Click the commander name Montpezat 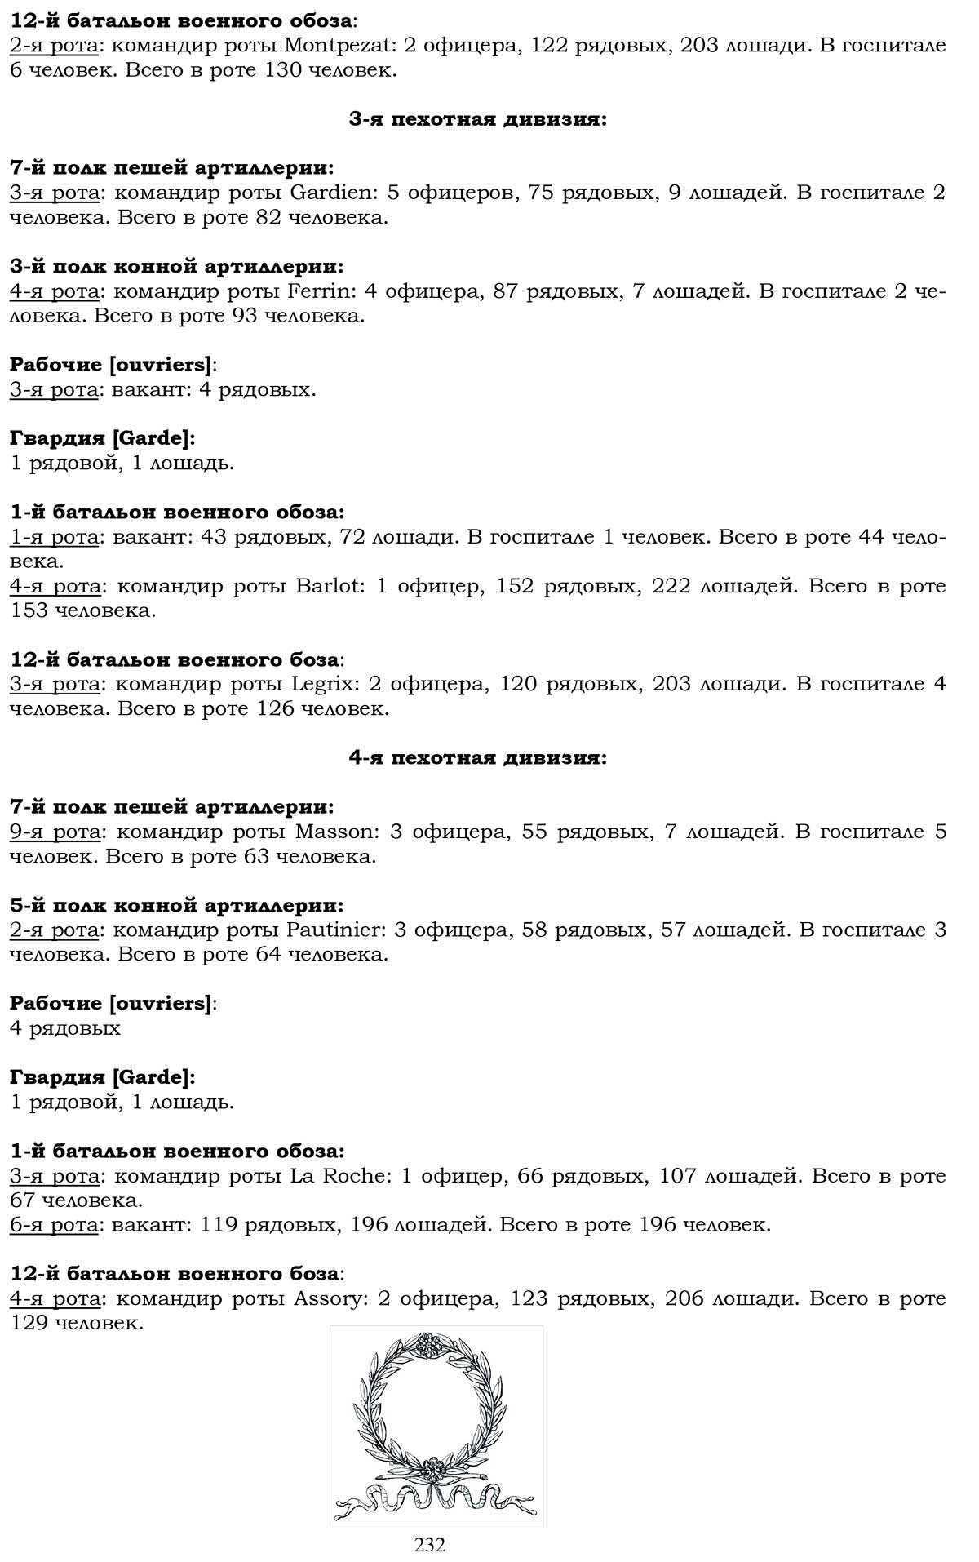pyautogui.click(x=332, y=46)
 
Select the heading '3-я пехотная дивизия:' pyautogui.click(x=477, y=120)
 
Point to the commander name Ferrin pyautogui.click(x=323, y=291)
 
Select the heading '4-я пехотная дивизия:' pyautogui.click(x=477, y=758)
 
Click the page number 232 pyautogui.click(x=430, y=1545)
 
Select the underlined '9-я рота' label pyautogui.click(x=55, y=832)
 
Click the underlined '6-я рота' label pyautogui.click(x=55, y=1224)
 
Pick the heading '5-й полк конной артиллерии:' pyautogui.click(x=176, y=905)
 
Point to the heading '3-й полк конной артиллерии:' pyautogui.click(x=176, y=267)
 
